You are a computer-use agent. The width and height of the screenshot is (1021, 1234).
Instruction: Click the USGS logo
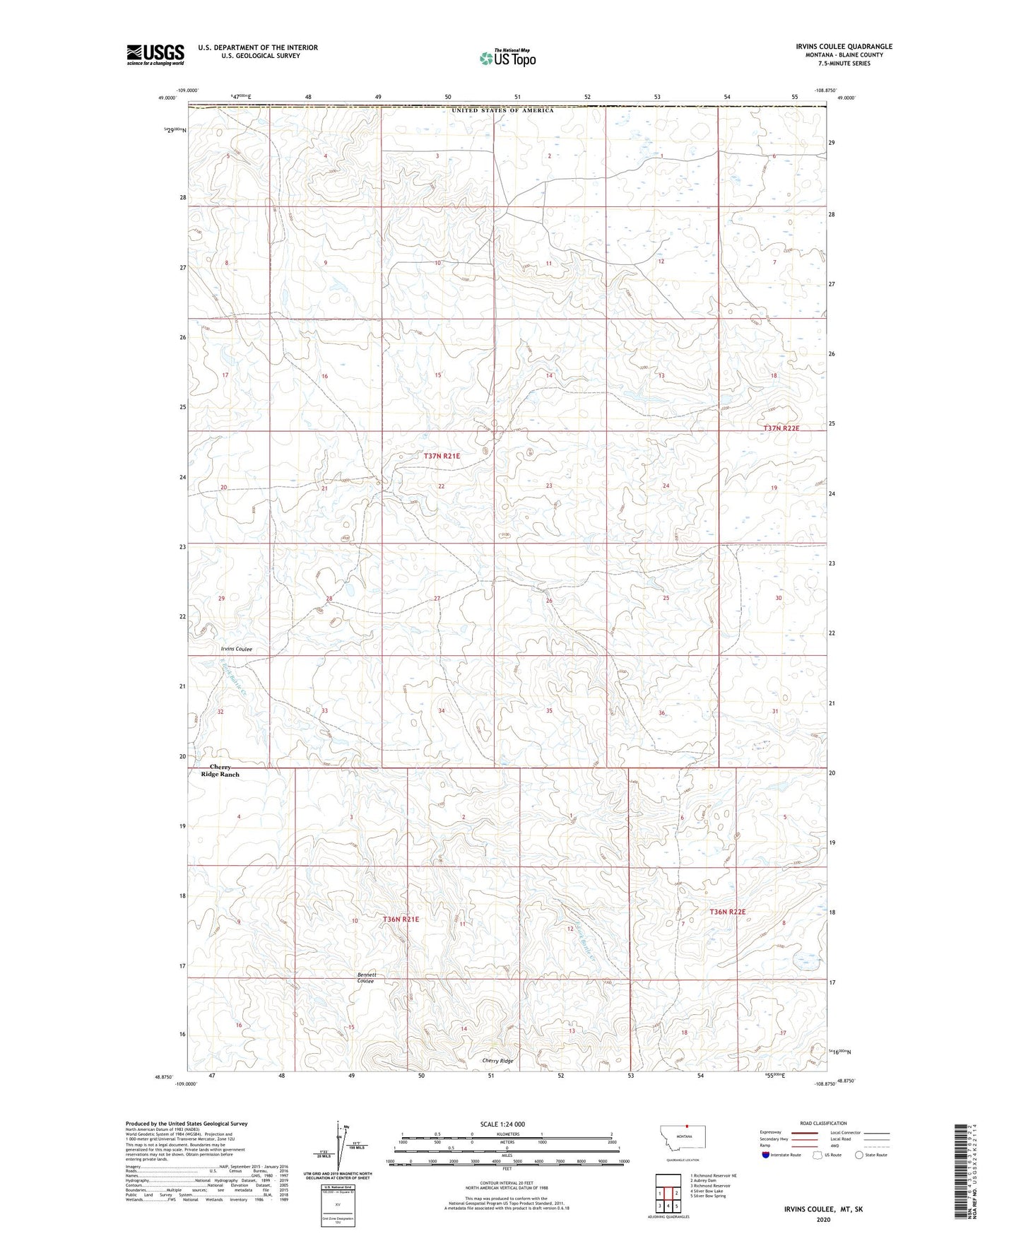pos(155,54)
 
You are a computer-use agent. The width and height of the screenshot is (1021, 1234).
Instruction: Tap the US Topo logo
pos(507,58)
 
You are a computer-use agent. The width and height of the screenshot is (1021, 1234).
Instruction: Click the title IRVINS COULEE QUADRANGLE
pos(834,47)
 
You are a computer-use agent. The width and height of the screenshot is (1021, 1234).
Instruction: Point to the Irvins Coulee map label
pos(236,649)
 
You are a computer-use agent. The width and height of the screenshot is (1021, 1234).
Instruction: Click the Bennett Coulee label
pos(366,978)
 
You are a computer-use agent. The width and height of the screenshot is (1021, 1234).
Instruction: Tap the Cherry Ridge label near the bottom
pos(497,1061)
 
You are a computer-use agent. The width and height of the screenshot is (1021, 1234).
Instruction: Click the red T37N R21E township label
pos(442,457)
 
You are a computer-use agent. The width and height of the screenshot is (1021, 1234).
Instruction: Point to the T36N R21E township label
pos(401,919)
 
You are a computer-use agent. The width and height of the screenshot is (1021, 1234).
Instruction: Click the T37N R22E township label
pos(781,428)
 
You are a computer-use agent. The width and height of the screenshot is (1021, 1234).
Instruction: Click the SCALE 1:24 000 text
pos(502,1124)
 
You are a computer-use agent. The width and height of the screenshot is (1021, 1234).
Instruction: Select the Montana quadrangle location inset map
pos(681,1141)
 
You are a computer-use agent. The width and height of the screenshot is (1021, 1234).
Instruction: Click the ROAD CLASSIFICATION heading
pos(824,1123)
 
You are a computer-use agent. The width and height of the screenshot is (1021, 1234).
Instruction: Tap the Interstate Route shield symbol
pos(767,1155)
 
